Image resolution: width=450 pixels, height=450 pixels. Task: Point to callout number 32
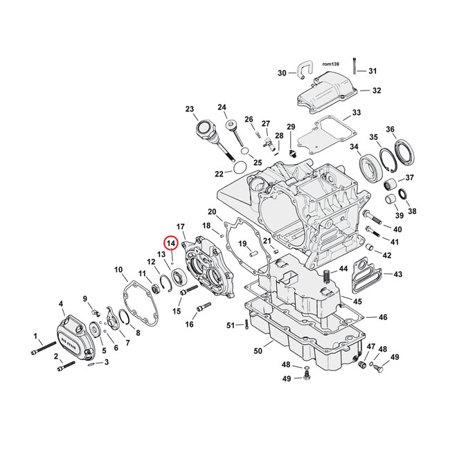click(376, 91)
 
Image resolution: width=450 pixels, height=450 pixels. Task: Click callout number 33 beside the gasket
click(356, 113)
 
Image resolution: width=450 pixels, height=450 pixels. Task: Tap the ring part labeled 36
click(404, 153)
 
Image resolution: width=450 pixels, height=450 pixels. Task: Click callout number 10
click(118, 269)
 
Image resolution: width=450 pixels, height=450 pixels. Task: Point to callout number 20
click(212, 212)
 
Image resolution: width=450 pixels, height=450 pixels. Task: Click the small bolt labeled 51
click(245, 325)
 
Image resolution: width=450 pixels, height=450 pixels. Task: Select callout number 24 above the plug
click(222, 107)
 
